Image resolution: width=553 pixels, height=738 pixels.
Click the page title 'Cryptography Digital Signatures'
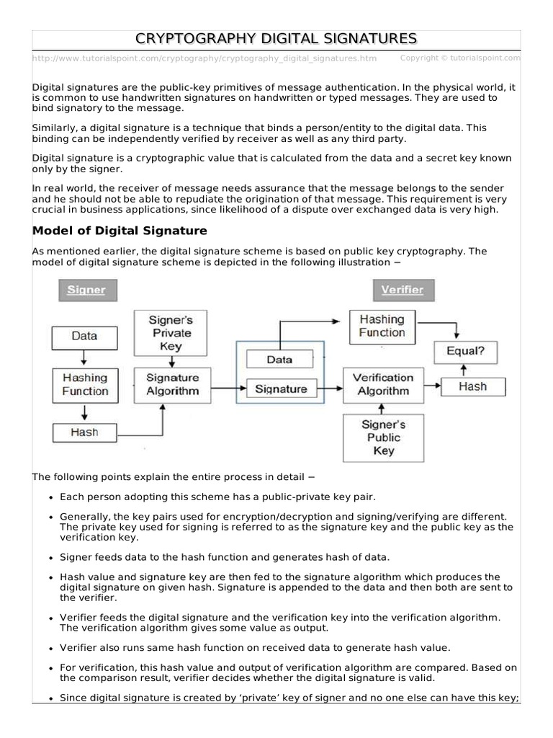point(276,38)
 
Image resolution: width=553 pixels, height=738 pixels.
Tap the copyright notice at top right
point(459,58)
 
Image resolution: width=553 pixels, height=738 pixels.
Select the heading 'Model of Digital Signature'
point(120,231)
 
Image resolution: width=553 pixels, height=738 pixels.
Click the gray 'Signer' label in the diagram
point(86,290)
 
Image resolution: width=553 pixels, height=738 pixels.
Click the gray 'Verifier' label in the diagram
point(403,290)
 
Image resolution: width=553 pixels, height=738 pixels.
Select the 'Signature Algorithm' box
point(172,385)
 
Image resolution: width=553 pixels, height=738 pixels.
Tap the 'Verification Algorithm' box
point(383,385)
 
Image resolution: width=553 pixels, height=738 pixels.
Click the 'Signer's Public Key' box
point(383,437)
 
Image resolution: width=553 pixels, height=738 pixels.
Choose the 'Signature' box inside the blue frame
point(281,389)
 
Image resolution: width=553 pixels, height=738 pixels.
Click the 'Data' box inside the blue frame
point(279,359)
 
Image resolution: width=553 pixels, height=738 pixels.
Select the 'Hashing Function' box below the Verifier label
point(382,326)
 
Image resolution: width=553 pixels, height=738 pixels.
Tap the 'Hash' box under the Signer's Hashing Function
point(84,432)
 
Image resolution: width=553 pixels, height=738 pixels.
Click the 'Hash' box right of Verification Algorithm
point(472,387)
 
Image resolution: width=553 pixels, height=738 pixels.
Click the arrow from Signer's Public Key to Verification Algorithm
point(383,409)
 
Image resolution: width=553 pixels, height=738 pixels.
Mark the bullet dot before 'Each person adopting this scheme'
point(50,497)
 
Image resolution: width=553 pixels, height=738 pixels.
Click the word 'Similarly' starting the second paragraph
point(55,128)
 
